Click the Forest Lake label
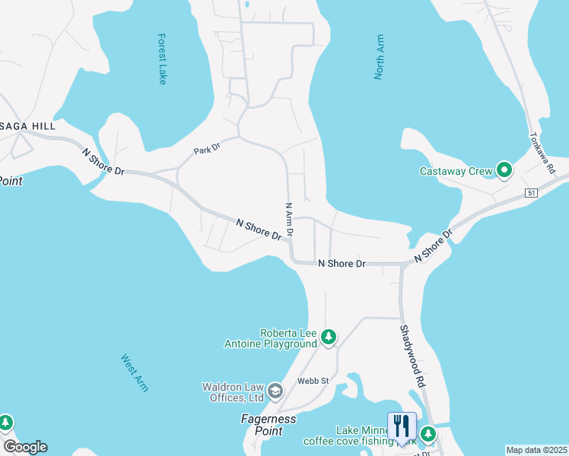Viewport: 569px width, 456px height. [161, 59]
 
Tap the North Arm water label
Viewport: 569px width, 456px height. [379, 57]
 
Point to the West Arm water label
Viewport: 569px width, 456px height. [135, 372]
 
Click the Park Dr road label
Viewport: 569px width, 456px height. [206, 149]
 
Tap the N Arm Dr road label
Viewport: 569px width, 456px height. [288, 220]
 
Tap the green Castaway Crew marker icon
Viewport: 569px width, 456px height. [504, 171]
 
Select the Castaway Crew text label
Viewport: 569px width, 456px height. [456, 171]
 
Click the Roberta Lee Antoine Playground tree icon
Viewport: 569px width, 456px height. [329, 337]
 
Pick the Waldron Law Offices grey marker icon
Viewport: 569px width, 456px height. [275, 391]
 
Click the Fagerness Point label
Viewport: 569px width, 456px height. [269, 425]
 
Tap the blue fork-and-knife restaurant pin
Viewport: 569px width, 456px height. [402, 426]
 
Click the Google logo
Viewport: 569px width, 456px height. [25, 446]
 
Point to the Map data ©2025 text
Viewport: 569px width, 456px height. [536, 450]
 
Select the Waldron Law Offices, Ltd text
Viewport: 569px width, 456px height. [233, 391]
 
